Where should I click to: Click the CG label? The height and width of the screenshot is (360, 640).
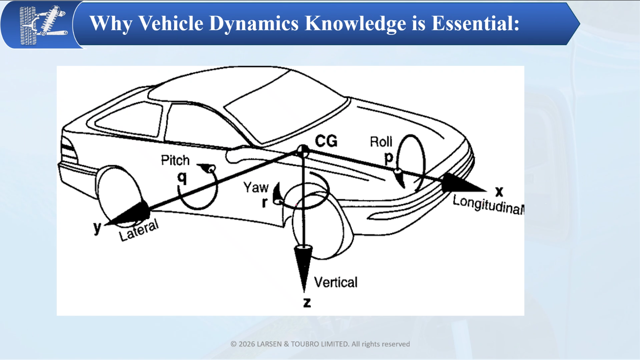click(x=326, y=141)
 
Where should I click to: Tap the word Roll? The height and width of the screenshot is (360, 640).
click(x=381, y=142)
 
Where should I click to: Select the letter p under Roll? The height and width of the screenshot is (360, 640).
click(x=388, y=158)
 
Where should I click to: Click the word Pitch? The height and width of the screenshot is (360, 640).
click(x=175, y=160)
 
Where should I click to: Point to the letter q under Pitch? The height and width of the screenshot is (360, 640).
click(x=182, y=178)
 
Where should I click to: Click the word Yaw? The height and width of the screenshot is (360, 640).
click(x=256, y=187)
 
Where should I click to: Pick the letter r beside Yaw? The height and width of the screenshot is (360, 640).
click(x=264, y=202)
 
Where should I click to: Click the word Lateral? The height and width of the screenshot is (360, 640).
click(x=139, y=230)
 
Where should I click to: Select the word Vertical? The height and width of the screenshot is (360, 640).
click(x=336, y=282)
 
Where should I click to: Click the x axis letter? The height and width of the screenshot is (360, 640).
click(x=499, y=191)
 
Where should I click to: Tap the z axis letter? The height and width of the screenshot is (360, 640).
click(x=307, y=302)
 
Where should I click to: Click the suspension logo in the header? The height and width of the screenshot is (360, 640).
click(x=43, y=25)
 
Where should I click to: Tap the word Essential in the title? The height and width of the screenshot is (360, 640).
click(x=475, y=23)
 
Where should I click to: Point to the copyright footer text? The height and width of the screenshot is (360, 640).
click(x=320, y=344)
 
